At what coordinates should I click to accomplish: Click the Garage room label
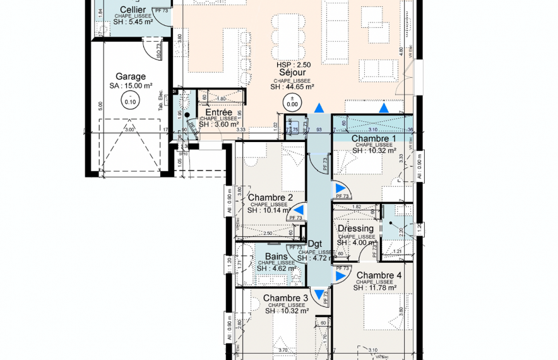(x=131, y=76)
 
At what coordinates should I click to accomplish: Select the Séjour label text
(x=292, y=73)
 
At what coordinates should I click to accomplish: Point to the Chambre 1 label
(x=374, y=138)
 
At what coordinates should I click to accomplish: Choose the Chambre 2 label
(x=270, y=198)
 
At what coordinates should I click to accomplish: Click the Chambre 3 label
(x=286, y=298)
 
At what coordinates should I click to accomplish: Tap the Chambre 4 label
(x=379, y=275)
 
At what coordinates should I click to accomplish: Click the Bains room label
(x=276, y=256)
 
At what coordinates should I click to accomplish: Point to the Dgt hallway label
(x=314, y=244)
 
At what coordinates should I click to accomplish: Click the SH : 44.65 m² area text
(x=292, y=87)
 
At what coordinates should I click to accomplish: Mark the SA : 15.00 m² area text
(x=131, y=86)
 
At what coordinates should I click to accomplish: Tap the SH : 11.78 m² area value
(x=375, y=288)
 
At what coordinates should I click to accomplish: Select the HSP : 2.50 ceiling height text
(x=294, y=65)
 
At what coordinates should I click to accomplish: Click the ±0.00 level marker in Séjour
(x=292, y=101)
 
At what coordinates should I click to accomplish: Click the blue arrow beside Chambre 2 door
(x=300, y=210)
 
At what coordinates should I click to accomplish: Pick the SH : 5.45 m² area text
(x=133, y=21)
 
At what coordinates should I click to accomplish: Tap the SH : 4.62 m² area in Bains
(x=276, y=268)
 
